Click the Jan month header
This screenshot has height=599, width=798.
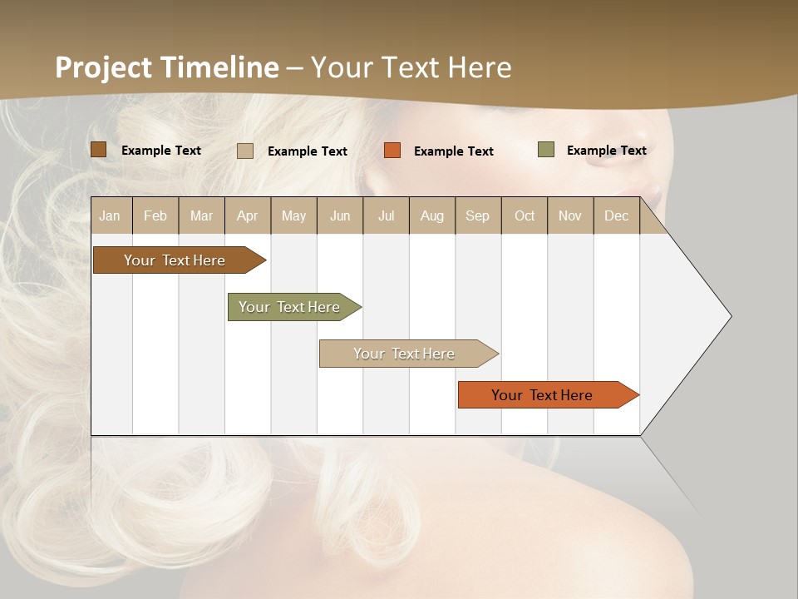(x=111, y=215)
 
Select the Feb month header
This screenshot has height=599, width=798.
(x=155, y=215)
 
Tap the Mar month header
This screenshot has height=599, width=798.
(x=201, y=215)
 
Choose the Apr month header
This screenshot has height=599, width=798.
(x=248, y=215)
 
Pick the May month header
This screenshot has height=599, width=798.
(x=293, y=215)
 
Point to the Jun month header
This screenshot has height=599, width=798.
(x=340, y=215)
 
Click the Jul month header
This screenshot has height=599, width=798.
(x=386, y=215)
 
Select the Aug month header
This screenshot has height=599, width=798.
(x=432, y=215)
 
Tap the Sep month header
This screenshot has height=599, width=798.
(x=478, y=215)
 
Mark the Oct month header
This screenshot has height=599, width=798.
(x=525, y=215)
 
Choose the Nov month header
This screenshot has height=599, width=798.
(x=570, y=215)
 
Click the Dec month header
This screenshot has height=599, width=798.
(x=617, y=215)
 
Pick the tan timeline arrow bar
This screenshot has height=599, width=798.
(x=405, y=354)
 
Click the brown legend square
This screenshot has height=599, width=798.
(x=99, y=150)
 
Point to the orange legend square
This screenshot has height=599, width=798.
(x=392, y=151)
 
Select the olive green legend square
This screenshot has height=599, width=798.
(x=546, y=150)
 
